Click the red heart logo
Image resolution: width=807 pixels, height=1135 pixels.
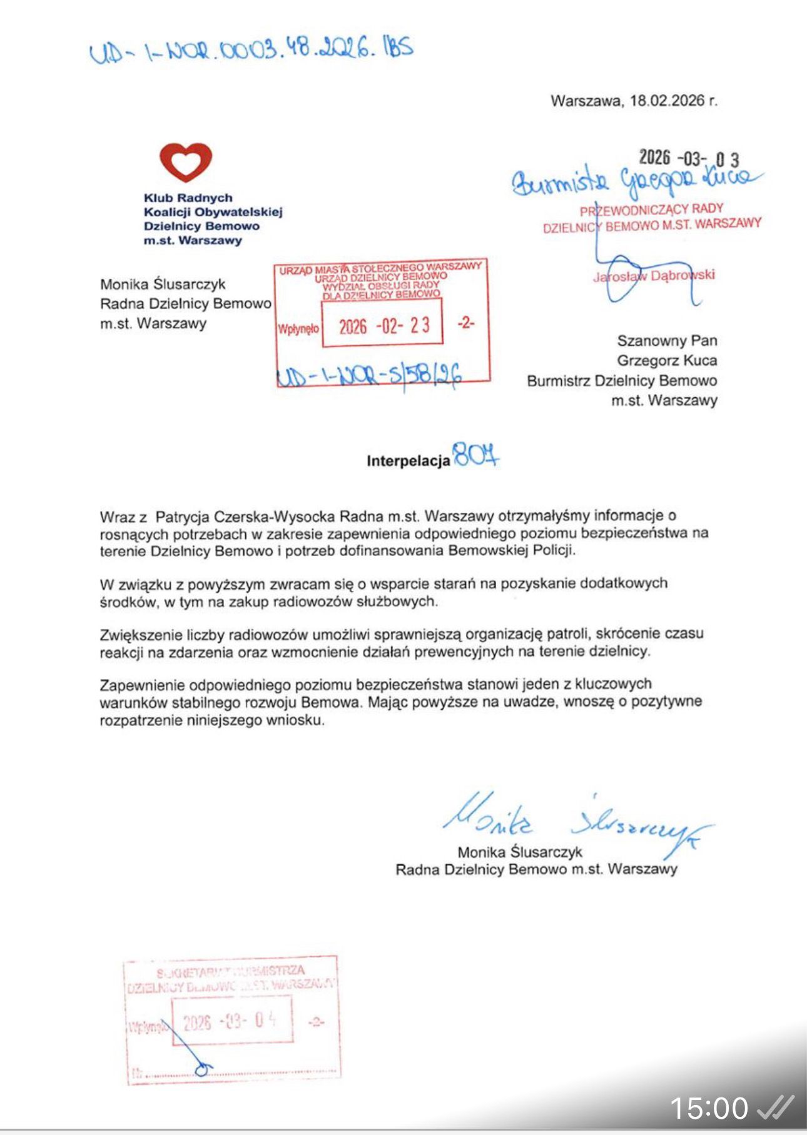(x=186, y=162)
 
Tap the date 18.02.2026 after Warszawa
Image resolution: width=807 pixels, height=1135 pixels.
(x=668, y=101)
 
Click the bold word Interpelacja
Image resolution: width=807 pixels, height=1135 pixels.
(x=408, y=462)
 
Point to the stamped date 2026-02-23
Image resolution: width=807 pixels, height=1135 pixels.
(x=383, y=325)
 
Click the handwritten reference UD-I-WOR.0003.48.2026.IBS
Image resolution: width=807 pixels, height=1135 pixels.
(x=251, y=50)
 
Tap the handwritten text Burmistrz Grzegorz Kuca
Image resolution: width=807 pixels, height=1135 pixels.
(x=635, y=179)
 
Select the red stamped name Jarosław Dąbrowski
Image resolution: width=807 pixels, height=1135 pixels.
(x=654, y=275)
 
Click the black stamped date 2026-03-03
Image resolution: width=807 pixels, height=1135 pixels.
(x=688, y=158)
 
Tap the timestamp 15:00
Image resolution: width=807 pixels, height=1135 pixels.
(x=708, y=1108)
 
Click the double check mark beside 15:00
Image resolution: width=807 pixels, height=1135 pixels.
(x=775, y=1107)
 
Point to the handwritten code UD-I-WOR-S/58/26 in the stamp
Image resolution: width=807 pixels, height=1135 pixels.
(x=369, y=375)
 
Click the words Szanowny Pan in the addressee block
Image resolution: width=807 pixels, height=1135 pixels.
(x=666, y=341)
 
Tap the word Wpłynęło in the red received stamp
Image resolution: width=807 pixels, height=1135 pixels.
(x=298, y=329)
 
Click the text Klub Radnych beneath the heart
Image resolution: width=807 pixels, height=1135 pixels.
(x=188, y=198)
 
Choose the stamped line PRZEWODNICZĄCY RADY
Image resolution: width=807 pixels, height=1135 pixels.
(x=651, y=209)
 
